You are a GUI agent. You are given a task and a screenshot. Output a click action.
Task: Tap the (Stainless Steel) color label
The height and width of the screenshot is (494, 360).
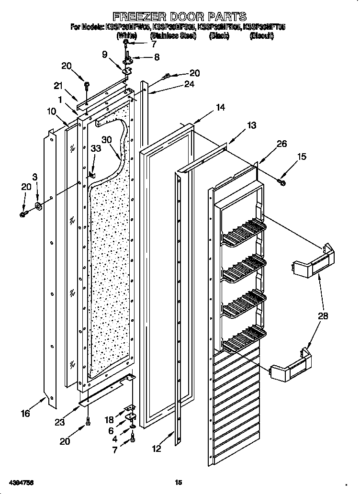pyautogui.click(x=173, y=36)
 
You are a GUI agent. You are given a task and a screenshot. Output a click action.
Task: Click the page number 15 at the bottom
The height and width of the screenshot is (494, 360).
pyautogui.click(x=179, y=483)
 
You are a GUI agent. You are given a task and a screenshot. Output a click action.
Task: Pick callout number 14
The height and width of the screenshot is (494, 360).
pyautogui.click(x=220, y=108)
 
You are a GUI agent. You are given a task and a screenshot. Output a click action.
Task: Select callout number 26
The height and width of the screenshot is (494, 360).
pyautogui.click(x=282, y=144)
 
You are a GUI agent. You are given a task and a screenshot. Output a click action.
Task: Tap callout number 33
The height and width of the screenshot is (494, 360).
pyautogui.click(x=95, y=148)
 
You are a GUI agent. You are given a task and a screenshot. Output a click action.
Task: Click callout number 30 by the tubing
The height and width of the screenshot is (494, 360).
pyautogui.click(x=106, y=140)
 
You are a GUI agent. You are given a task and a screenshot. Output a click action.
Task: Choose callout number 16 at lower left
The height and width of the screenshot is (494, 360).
pyautogui.click(x=25, y=413)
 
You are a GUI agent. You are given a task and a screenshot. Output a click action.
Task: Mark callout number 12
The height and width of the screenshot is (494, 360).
pyautogui.click(x=156, y=449)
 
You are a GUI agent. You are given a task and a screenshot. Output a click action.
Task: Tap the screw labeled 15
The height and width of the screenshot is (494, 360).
pyautogui.click(x=281, y=181)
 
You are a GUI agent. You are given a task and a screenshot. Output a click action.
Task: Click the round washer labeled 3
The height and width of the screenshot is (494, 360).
pyautogui.click(x=37, y=206)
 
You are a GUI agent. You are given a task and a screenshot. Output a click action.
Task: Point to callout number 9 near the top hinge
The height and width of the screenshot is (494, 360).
pyautogui.click(x=104, y=54)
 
